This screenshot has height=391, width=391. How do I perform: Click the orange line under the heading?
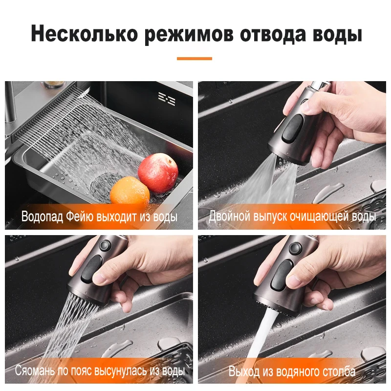click(x=195, y=59)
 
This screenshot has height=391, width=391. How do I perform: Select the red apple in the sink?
click(x=157, y=173)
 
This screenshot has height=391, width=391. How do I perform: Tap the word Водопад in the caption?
click(x=42, y=217)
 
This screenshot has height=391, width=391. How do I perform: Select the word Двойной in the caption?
click(x=228, y=217)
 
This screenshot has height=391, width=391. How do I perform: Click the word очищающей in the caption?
click(x=321, y=217)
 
